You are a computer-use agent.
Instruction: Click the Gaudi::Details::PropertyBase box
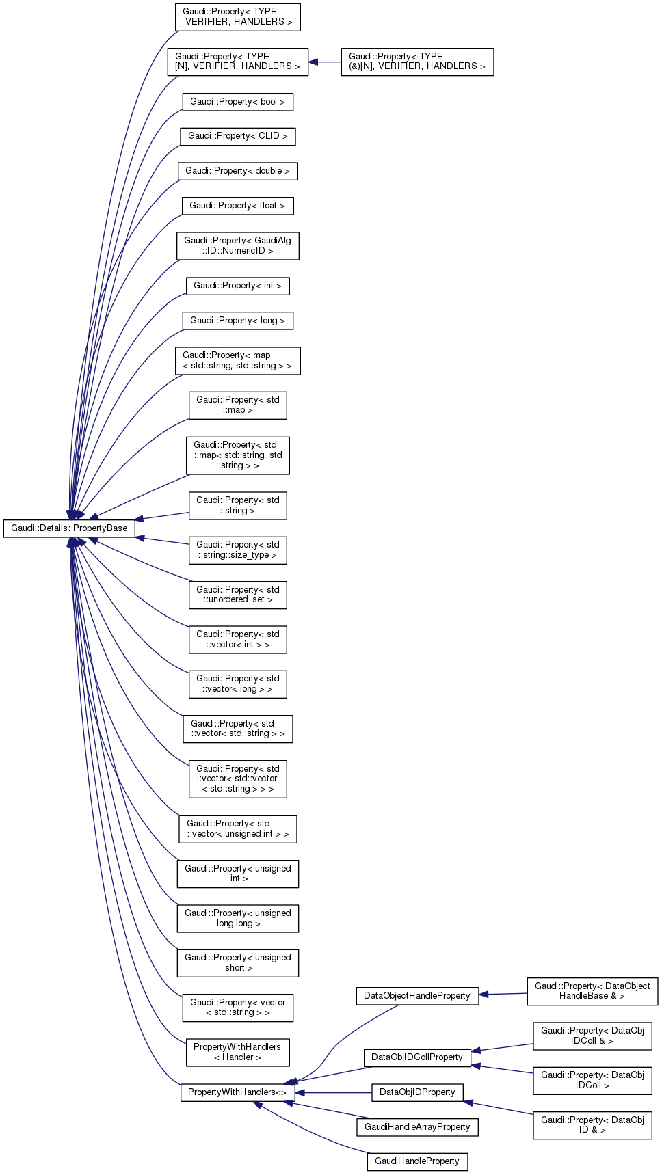(x=69, y=528)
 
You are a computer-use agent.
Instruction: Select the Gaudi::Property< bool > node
(x=237, y=102)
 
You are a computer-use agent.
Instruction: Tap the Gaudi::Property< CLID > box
(x=237, y=136)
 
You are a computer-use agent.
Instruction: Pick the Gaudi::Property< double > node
(x=237, y=171)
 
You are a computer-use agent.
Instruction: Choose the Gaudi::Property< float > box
(x=237, y=206)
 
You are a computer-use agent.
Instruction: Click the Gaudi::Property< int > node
(x=237, y=286)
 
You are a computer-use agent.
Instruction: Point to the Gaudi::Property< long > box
(x=237, y=321)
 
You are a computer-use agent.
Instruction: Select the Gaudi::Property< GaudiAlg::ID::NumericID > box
(x=237, y=246)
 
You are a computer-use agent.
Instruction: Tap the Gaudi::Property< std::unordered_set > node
(x=237, y=595)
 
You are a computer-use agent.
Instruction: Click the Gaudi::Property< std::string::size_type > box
(x=237, y=550)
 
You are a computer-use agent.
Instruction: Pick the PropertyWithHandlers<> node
(x=237, y=1092)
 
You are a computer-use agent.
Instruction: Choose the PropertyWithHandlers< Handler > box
(x=237, y=1053)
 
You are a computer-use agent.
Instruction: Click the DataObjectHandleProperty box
(x=416, y=996)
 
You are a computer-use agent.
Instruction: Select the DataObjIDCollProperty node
(x=416, y=1057)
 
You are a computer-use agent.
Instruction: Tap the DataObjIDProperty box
(x=416, y=1092)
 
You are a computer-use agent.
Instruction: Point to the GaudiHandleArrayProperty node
(x=416, y=1127)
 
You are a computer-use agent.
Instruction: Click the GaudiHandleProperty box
(x=416, y=1161)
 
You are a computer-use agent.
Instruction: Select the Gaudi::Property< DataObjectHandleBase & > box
(x=592, y=991)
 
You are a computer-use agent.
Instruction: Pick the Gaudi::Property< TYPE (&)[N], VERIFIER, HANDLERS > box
(x=416, y=62)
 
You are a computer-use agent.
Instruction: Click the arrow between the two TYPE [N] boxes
(x=325, y=62)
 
